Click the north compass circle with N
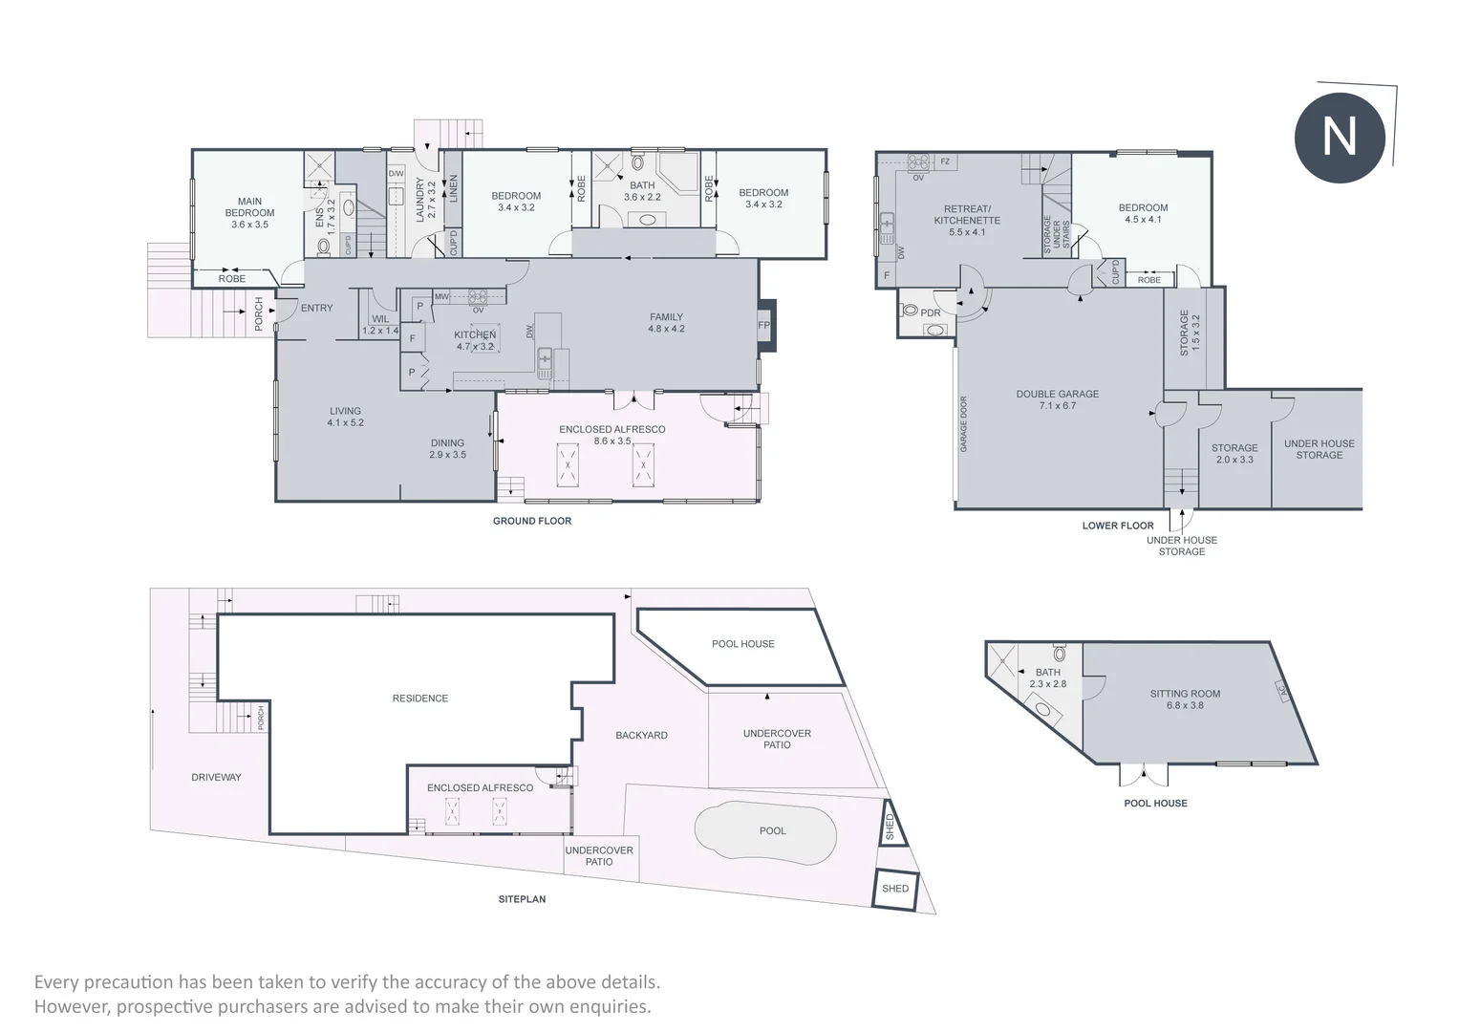[x=1340, y=137]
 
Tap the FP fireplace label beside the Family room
[x=763, y=325]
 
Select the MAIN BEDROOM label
[x=249, y=207]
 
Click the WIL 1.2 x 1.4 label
[x=380, y=325]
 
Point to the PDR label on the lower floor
[x=930, y=312]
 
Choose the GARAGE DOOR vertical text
[x=963, y=424]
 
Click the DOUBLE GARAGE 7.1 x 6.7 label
[x=1057, y=399]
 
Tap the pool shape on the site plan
[x=765, y=832]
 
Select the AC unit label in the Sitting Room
[x=1283, y=691]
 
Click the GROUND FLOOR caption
[x=531, y=521]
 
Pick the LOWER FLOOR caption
[x=1118, y=526]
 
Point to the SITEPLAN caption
[x=522, y=899]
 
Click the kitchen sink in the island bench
[x=545, y=364]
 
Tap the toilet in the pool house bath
[x=1060, y=653]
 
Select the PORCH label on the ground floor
[x=259, y=314]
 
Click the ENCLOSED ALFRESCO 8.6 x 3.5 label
[x=611, y=435]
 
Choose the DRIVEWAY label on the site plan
[x=216, y=777]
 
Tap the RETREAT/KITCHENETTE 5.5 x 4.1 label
[x=967, y=220]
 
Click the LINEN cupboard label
[x=453, y=188]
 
